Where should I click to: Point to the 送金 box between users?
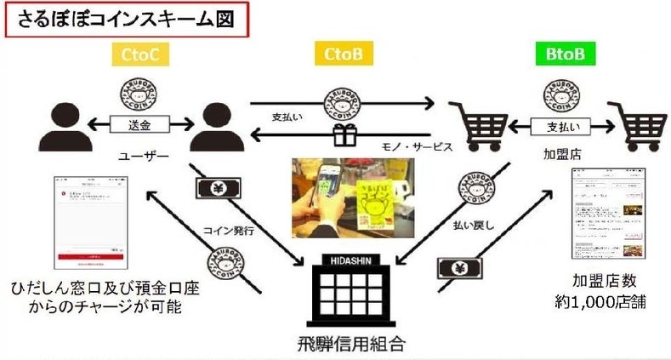click(138, 125)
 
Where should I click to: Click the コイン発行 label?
click(229, 230)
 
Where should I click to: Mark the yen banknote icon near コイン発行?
click(208, 189)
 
